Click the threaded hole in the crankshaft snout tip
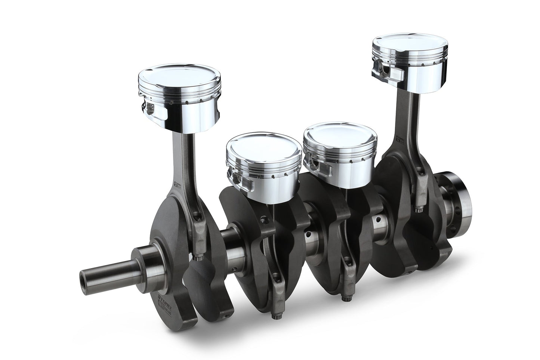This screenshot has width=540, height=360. (83, 279)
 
